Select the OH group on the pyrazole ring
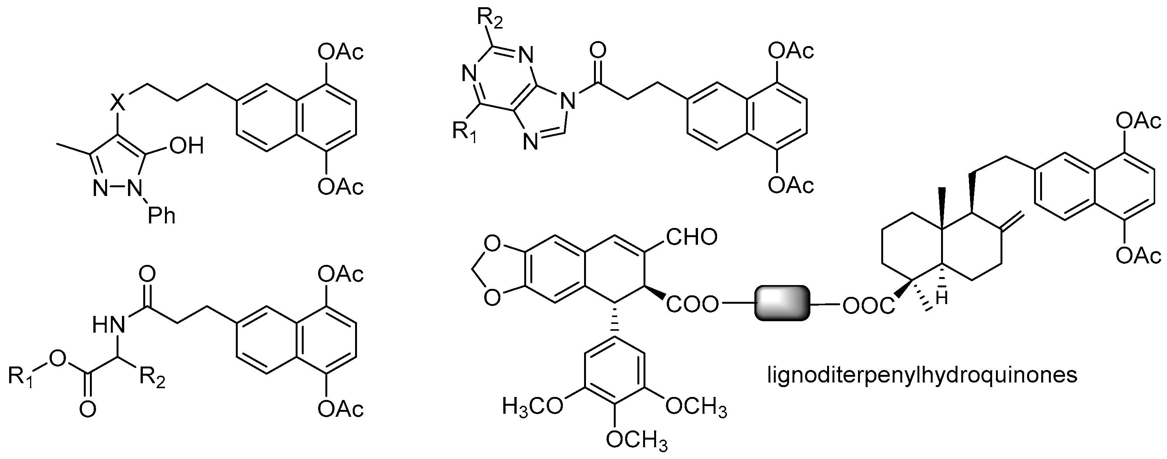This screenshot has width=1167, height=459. (x=186, y=146)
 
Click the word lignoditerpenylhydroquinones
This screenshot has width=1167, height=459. (x=922, y=375)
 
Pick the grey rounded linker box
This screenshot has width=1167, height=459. (x=782, y=303)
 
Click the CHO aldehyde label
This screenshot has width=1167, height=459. (x=692, y=237)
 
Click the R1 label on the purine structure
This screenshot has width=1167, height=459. (x=464, y=131)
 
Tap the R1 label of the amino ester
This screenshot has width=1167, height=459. (x=21, y=376)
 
